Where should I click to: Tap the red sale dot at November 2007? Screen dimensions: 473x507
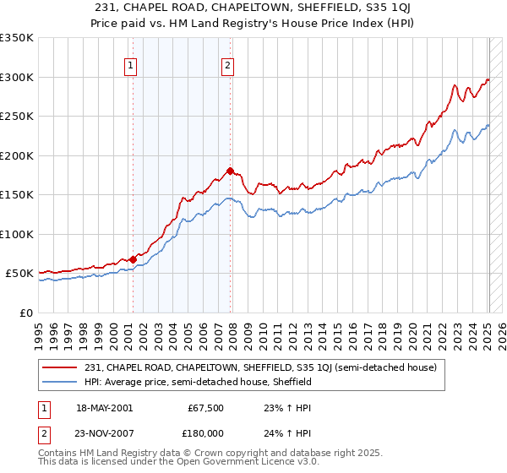click(231, 171)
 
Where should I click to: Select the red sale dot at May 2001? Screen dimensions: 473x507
click(133, 259)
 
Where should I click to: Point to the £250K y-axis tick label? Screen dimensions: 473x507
click(17, 117)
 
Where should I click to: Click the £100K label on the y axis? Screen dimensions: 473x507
click(17, 234)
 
